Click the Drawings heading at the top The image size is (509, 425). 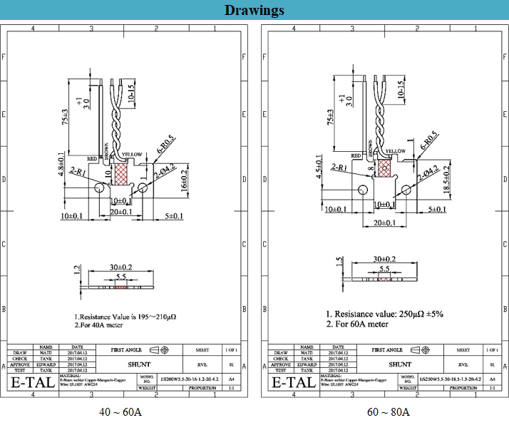254,10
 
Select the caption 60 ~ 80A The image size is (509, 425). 389,411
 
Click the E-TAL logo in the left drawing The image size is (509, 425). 34,382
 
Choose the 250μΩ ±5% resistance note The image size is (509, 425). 384,314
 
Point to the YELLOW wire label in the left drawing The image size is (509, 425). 133,154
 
